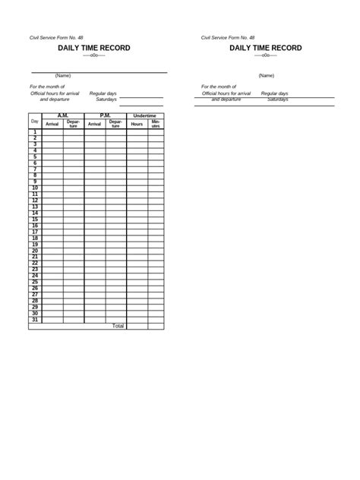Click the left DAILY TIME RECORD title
pos(94,48)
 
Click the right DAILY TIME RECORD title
pos(266,48)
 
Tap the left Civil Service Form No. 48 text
pos(55,37)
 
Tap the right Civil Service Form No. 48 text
pos(228,37)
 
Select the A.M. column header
pos(63,115)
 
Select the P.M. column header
pos(106,115)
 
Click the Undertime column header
pos(145,115)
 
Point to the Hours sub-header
pos(137,123)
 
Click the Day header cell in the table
pos(35,122)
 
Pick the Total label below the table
pos(118,326)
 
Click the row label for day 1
pos(35,132)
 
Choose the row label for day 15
pos(35,219)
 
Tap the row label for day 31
pos(35,320)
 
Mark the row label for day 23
pos(35,270)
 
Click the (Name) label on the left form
pos(63,75)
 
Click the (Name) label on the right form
pos(266,75)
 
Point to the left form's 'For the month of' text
pos(47,87)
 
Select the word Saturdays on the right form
pos(278,99)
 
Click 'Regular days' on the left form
pos(103,93)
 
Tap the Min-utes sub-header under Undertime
pos(156,123)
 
